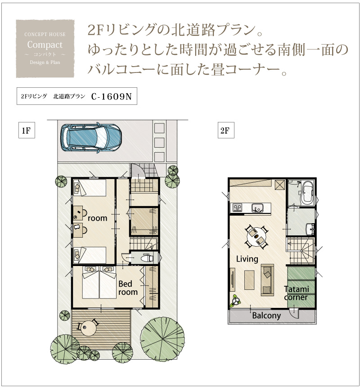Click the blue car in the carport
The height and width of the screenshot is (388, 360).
point(91,137)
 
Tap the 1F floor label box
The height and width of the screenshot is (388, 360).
point(27,130)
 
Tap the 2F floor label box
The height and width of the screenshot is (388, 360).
point(225,130)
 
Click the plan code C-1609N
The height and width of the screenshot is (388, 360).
point(111,96)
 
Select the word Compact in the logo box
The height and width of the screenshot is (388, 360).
point(45,45)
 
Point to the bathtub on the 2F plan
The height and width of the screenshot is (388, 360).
point(307,193)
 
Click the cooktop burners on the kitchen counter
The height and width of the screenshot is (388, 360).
point(237,208)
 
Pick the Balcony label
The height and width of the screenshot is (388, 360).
point(266,316)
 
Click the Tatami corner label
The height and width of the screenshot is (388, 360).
point(296,293)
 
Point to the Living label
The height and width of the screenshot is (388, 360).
point(247,259)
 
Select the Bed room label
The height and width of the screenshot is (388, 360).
point(128,288)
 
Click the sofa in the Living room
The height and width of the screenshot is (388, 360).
point(267,280)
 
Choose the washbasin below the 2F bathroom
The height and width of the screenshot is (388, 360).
point(310,229)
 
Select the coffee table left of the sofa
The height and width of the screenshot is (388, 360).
point(249,280)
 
